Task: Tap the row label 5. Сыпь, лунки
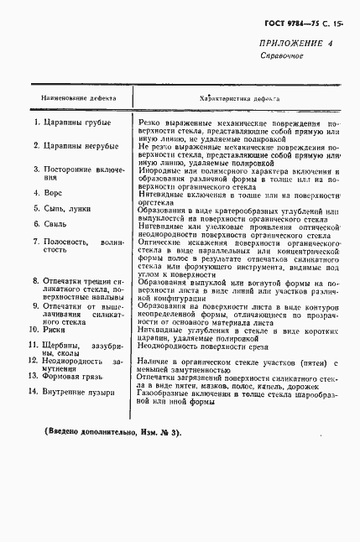pyautogui.click(x=60, y=208)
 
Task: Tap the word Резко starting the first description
pyautogui.click(x=154, y=122)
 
